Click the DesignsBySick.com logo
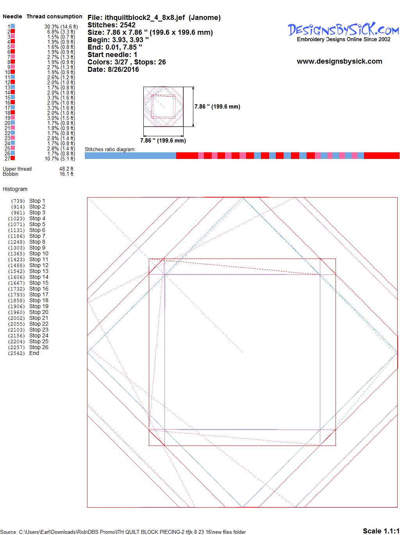pos(343,32)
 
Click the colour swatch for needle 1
pos(12,26)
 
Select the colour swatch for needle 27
pos(12,158)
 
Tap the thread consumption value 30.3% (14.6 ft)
pos(61,27)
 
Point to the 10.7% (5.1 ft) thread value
pos(60,159)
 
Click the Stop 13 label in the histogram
pos(39,271)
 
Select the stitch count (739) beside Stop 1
pos(18,201)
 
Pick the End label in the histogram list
pos(34,353)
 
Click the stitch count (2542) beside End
pos(16,353)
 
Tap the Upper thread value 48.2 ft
pos(66,169)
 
